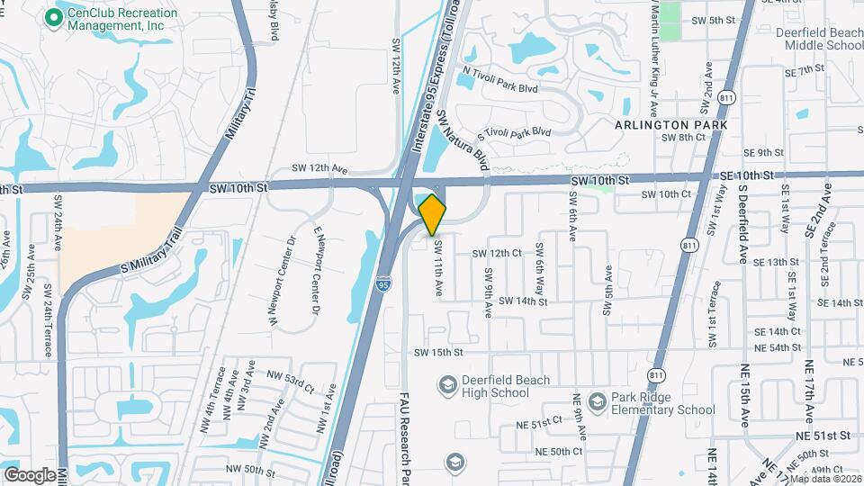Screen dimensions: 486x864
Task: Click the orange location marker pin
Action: click(x=432, y=214)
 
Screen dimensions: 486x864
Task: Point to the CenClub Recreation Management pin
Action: click(x=54, y=17)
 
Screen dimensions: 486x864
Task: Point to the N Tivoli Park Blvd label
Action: click(x=499, y=78)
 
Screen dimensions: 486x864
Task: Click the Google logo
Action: click(x=30, y=474)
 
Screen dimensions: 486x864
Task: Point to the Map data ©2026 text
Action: click(x=823, y=479)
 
